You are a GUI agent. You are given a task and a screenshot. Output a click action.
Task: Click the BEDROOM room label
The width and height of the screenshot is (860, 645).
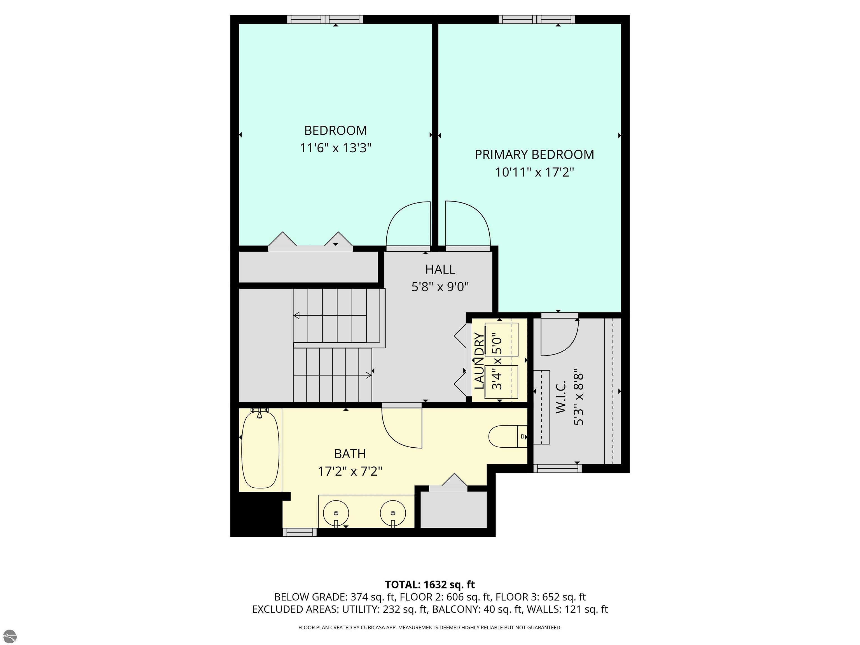[335, 130]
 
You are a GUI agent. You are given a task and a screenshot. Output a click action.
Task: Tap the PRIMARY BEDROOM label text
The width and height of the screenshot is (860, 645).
[534, 154]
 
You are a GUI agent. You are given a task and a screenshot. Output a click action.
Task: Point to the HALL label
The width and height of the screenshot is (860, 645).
[440, 269]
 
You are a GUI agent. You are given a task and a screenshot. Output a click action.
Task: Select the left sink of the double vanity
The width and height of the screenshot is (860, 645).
[336, 513]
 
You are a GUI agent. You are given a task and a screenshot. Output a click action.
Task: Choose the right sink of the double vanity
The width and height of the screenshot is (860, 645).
[393, 513]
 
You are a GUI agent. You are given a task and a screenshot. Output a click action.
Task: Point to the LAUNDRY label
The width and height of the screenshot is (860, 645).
[479, 361]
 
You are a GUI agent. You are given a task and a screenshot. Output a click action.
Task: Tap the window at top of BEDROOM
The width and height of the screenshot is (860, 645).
[325, 19]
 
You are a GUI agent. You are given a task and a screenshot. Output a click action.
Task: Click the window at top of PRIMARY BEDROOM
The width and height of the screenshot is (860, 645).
[537, 19]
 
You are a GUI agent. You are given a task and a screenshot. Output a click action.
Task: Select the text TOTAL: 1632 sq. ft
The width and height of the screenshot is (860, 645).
[430, 585]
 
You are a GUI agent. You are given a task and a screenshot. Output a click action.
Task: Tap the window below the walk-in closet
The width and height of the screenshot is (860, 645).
[557, 468]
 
